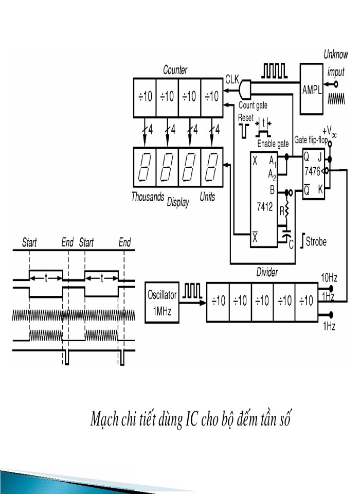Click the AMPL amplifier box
[311, 88]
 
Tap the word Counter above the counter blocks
[175, 69]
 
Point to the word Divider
[267, 272]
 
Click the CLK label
[231, 80]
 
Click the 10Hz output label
[329, 277]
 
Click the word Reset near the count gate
[246, 118]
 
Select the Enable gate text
[273, 144]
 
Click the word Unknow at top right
[335, 55]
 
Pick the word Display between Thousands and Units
[178, 202]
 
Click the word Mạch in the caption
[103, 420]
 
